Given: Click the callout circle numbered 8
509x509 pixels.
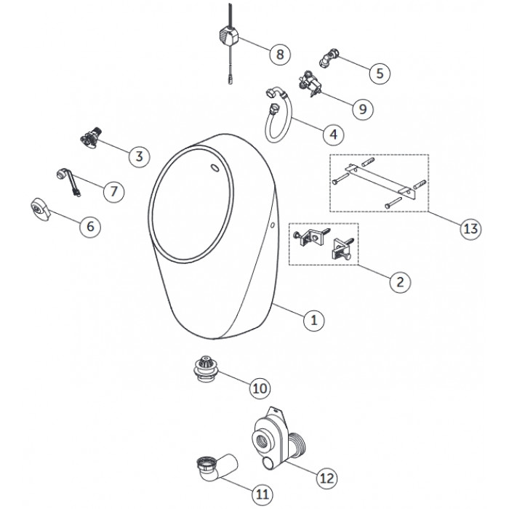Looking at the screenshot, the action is click(280, 55).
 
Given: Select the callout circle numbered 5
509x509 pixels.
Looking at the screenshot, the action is click(380, 73).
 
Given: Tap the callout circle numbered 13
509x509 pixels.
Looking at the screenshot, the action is click(470, 229).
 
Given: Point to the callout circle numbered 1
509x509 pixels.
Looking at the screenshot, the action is click(314, 321).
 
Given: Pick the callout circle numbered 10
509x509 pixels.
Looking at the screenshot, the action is click(260, 388).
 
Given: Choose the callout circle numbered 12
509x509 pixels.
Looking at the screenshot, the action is click(327, 478).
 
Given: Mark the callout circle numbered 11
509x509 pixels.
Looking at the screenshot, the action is click(262, 494).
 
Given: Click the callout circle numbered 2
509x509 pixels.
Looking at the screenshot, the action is click(400, 282).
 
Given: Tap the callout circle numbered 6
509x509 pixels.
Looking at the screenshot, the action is click(90, 226).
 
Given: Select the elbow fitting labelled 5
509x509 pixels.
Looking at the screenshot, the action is click(329, 57).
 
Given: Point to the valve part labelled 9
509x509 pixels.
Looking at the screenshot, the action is click(310, 84).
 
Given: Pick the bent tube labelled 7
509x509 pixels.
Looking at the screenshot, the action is click(68, 182).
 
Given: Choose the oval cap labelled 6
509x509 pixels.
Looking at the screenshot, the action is click(41, 209).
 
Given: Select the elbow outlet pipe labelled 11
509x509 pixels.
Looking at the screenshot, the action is click(217, 468).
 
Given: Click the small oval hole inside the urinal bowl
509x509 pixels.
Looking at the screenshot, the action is click(215, 168).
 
